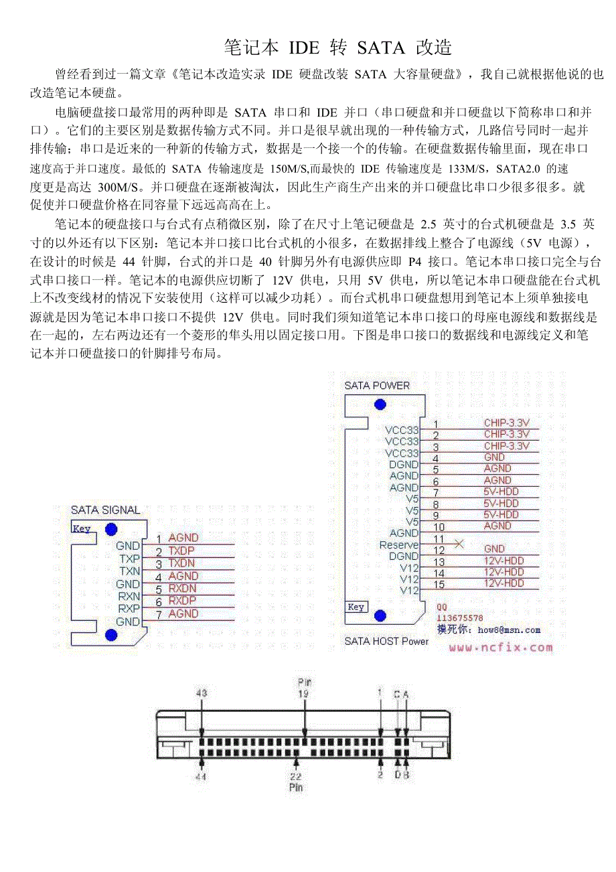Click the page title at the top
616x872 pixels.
(x=338, y=48)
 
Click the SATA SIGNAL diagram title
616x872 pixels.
(x=105, y=510)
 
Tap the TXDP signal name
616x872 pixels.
(x=181, y=551)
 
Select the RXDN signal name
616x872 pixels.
(x=182, y=588)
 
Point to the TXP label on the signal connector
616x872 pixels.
(x=129, y=559)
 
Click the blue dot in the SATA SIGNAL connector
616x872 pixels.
(x=111, y=635)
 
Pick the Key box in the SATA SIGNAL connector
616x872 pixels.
(x=82, y=528)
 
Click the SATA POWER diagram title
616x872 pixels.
(x=377, y=385)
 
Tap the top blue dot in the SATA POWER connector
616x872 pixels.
(x=380, y=404)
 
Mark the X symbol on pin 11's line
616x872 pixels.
(x=459, y=544)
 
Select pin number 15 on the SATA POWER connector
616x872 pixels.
(x=439, y=585)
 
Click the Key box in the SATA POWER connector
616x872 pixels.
(x=356, y=607)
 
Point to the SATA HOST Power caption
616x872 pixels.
(x=386, y=641)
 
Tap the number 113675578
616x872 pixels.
(x=459, y=617)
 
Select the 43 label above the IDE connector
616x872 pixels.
(x=202, y=694)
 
